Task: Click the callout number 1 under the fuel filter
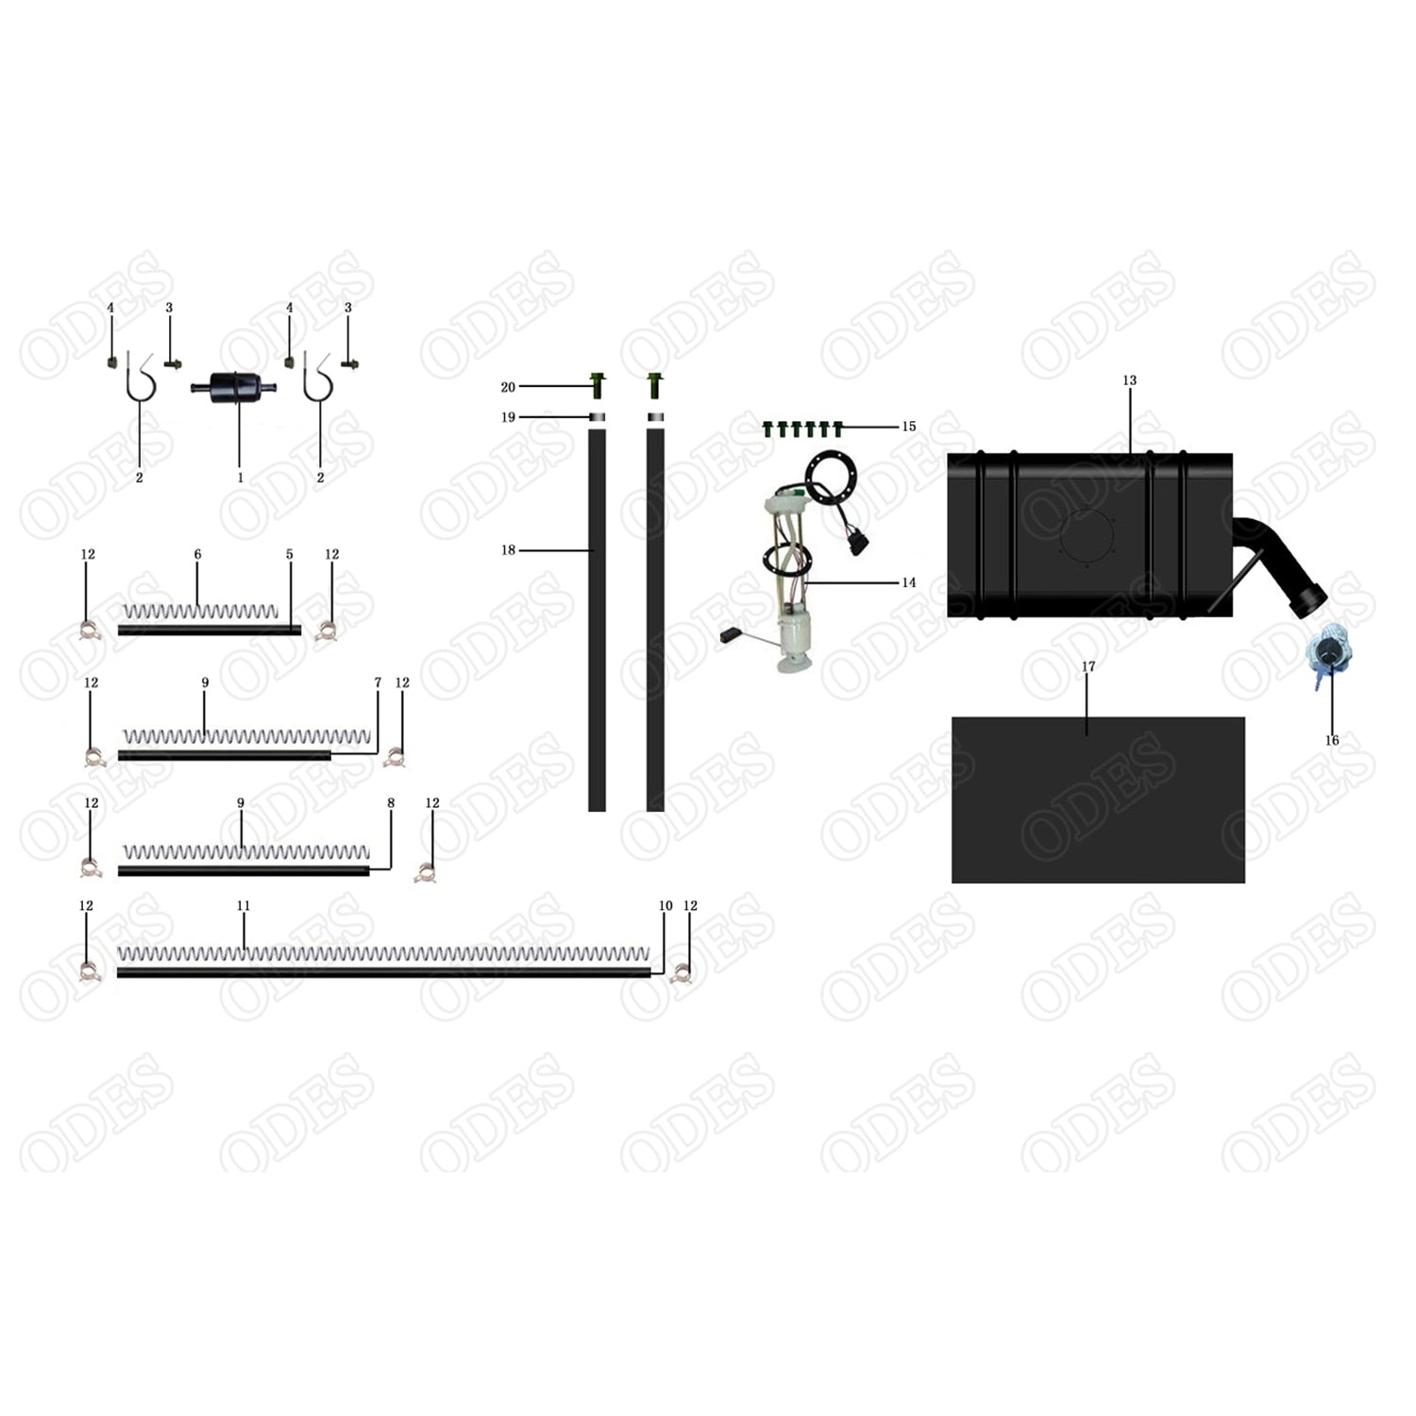[x=240, y=478]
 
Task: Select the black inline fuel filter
[x=239, y=387]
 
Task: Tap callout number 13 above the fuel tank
[x=1129, y=380]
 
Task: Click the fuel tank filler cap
[x=1327, y=653]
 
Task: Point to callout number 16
[x=1331, y=740]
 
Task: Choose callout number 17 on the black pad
[x=1087, y=666]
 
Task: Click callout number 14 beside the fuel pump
[x=908, y=582]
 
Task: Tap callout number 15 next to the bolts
[x=908, y=427]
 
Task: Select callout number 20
[x=508, y=387]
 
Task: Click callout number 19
[x=508, y=417]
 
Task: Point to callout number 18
[x=508, y=550]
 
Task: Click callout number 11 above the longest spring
[x=244, y=905]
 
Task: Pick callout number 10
[x=666, y=905]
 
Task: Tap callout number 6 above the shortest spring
[x=197, y=554]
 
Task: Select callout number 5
[x=289, y=554]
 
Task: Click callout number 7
[x=378, y=683]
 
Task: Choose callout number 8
[x=391, y=803]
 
